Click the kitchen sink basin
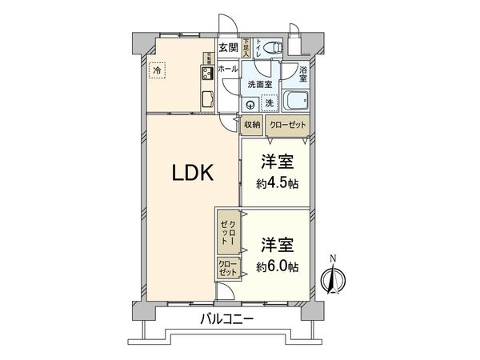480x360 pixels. point(206,99)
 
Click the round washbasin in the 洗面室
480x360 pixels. point(250,103)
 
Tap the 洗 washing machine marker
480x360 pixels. point(269,102)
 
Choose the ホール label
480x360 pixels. point(228,70)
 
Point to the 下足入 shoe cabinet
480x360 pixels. point(247,46)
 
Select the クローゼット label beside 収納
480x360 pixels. point(286,124)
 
